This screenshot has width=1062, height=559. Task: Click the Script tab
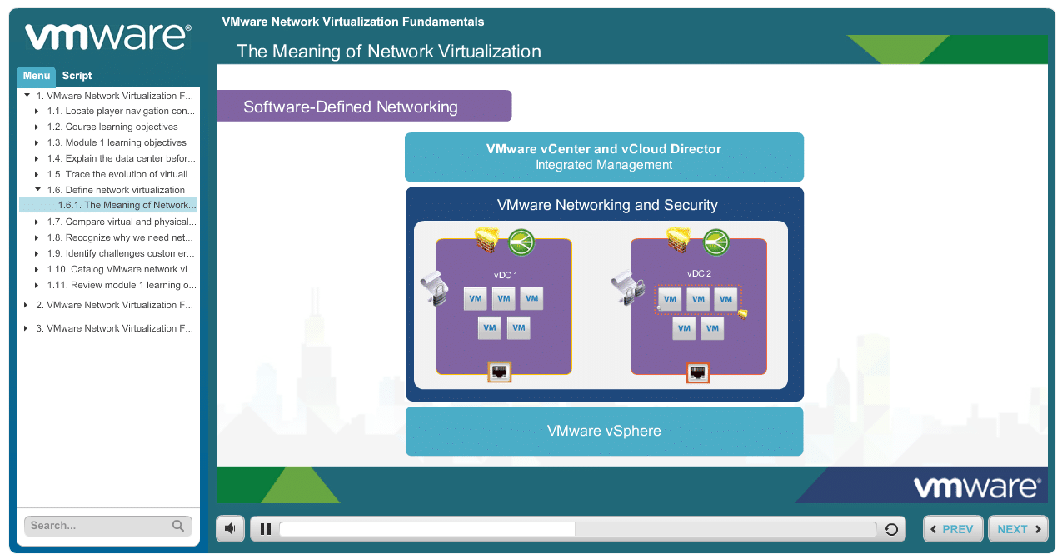(x=77, y=76)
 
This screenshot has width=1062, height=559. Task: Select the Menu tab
(x=37, y=76)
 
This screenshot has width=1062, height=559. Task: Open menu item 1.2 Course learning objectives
(x=122, y=127)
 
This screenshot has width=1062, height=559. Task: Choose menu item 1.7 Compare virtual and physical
(x=122, y=222)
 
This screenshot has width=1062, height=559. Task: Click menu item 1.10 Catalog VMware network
(x=121, y=269)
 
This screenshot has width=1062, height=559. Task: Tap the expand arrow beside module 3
(x=26, y=328)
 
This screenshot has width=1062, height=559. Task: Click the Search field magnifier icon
(x=178, y=526)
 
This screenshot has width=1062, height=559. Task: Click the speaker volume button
(x=230, y=528)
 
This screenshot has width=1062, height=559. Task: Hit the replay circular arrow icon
(x=891, y=529)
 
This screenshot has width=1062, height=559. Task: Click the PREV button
(x=953, y=529)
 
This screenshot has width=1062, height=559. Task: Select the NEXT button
(x=1018, y=529)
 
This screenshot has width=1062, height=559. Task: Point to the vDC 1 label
(x=506, y=275)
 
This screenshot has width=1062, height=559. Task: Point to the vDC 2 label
(x=699, y=273)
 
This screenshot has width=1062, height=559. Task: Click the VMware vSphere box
(x=604, y=431)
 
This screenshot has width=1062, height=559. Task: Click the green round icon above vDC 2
(x=715, y=242)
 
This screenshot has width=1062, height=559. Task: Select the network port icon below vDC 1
(x=500, y=372)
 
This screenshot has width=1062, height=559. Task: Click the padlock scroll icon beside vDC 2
(x=627, y=287)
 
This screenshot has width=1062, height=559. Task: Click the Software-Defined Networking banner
(x=364, y=106)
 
